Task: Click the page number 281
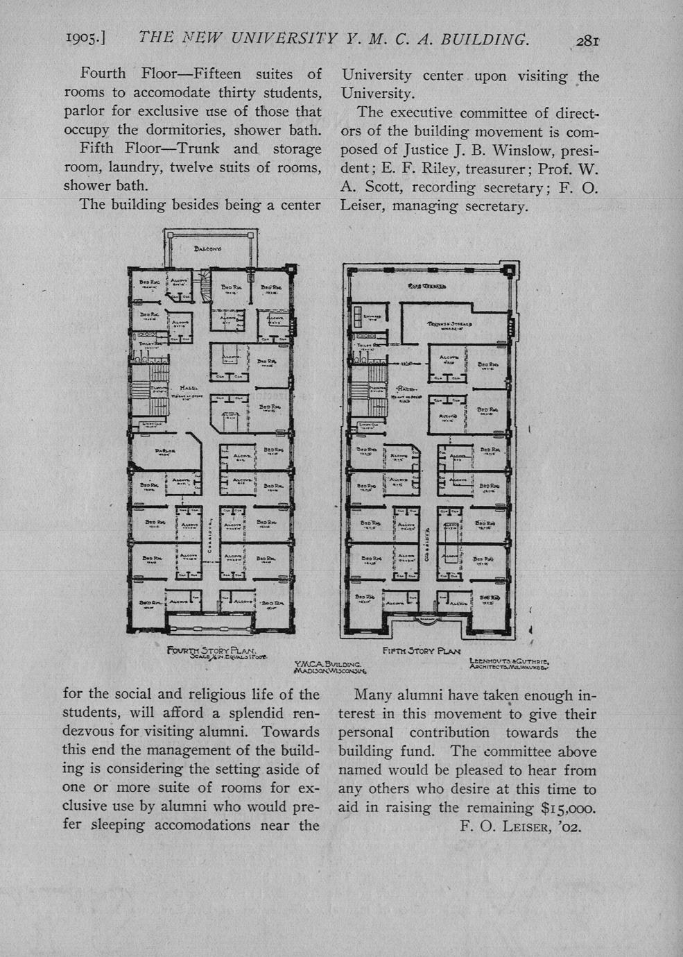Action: tap(586, 40)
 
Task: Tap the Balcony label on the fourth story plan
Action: tap(207, 248)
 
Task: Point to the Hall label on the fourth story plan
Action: tap(188, 388)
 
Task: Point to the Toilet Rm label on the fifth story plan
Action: tap(365, 345)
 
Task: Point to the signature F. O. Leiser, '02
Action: tap(520, 827)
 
